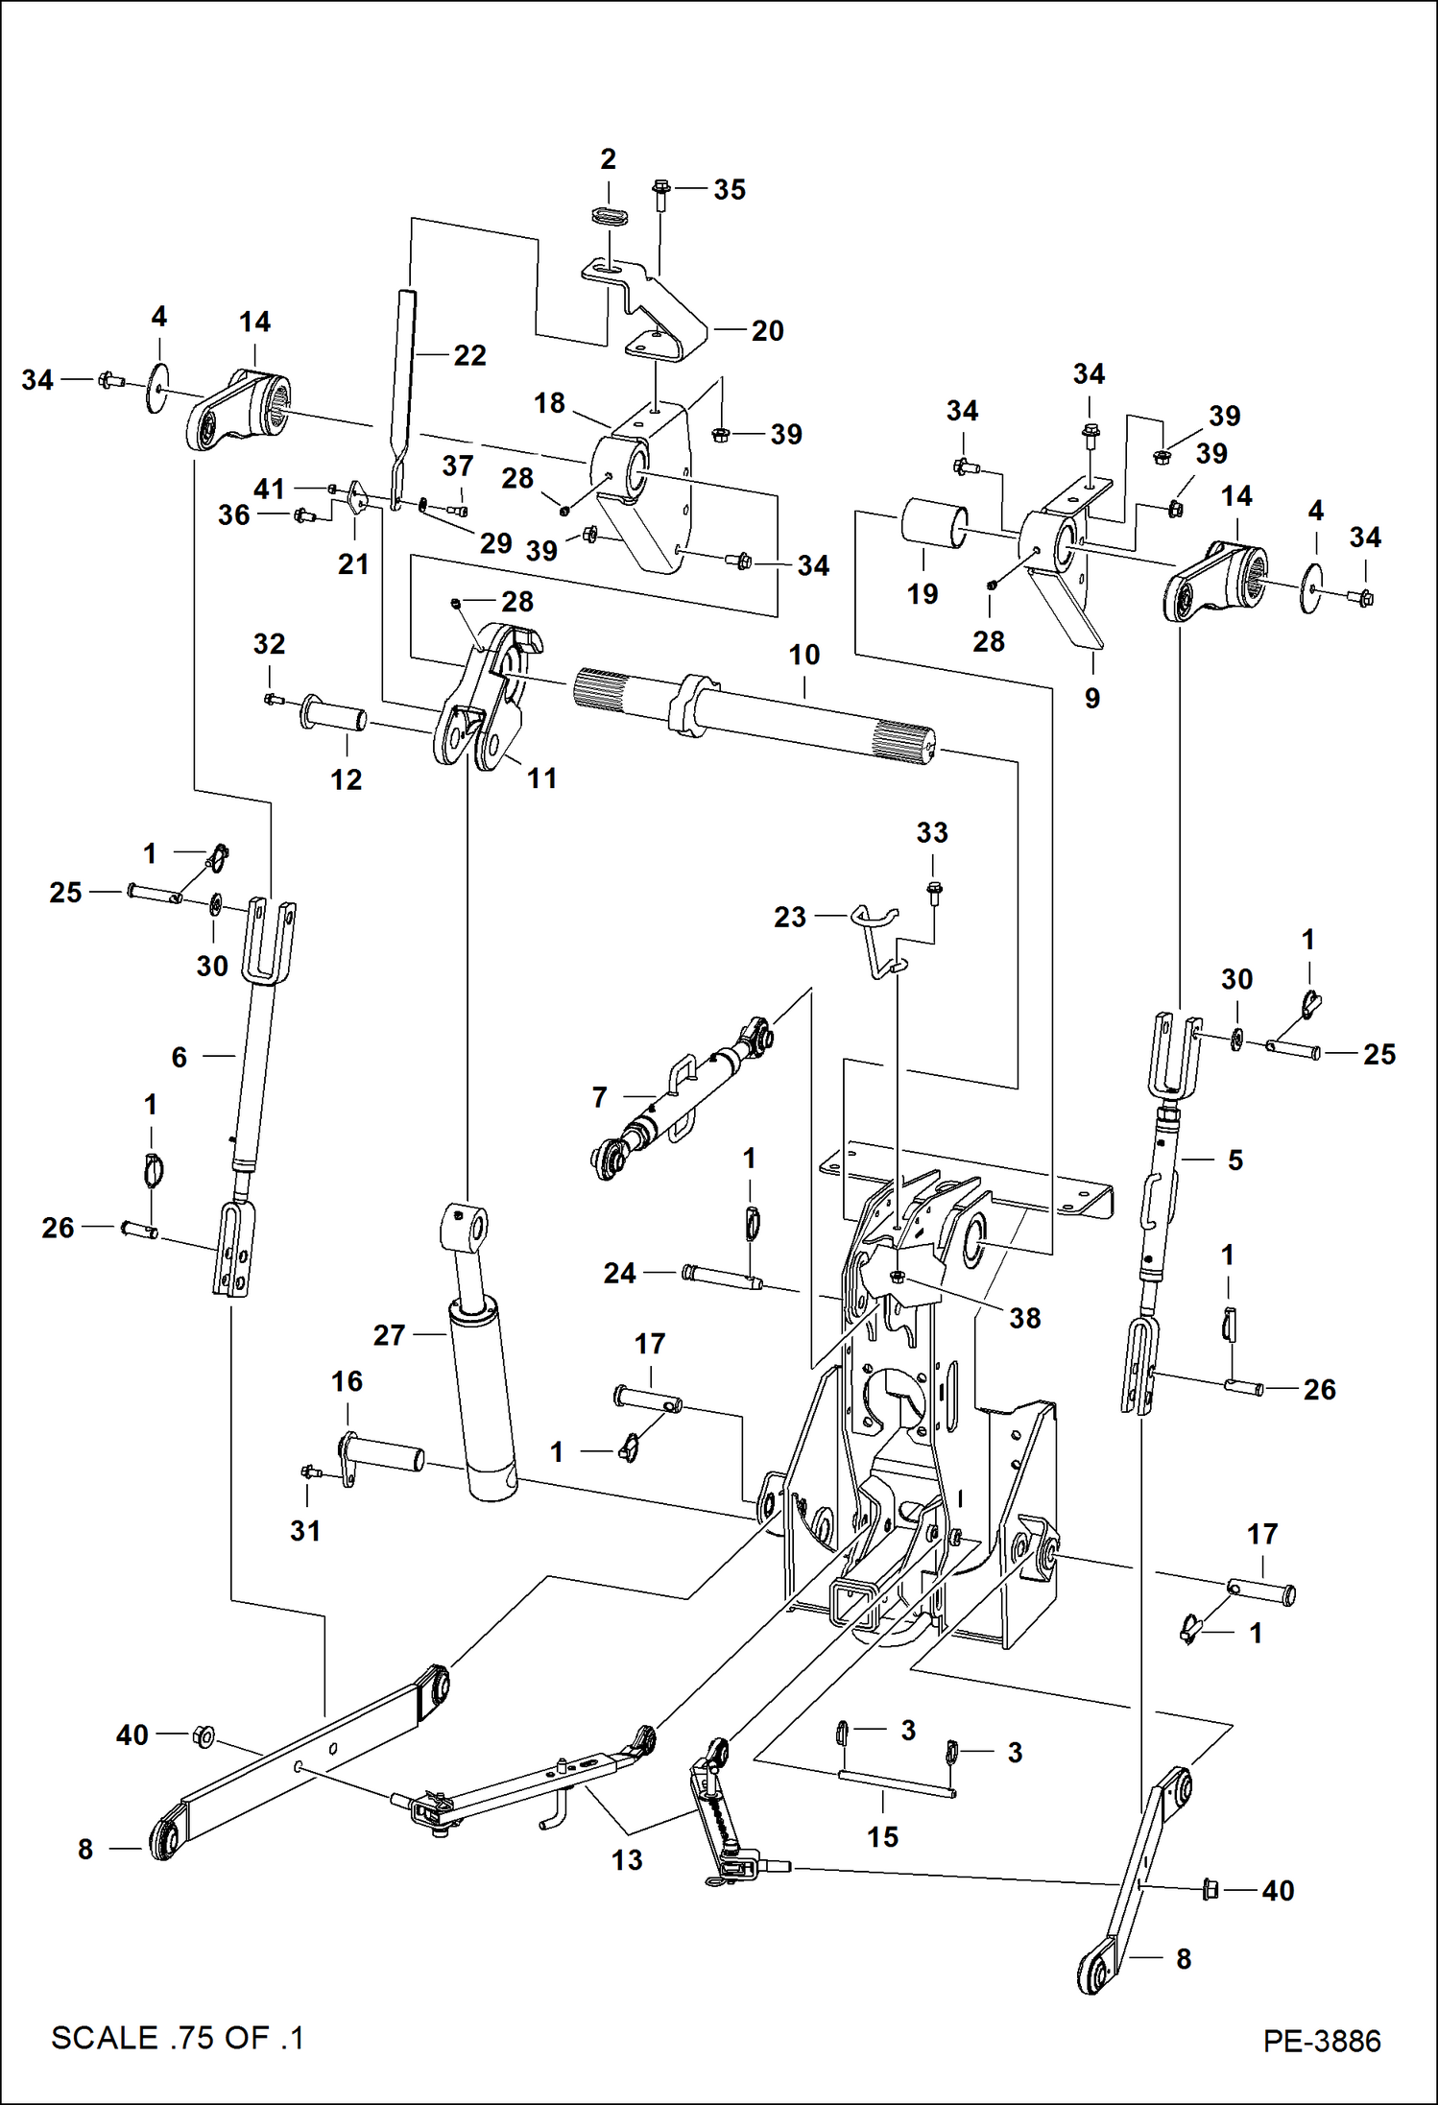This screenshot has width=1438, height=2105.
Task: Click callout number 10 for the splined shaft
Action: [803, 656]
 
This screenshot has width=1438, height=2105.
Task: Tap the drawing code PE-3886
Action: [1321, 2041]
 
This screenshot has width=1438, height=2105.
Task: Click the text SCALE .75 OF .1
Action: [178, 2038]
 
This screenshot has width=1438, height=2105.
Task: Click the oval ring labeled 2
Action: [608, 215]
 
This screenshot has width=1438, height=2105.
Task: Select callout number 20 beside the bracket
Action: [767, 331]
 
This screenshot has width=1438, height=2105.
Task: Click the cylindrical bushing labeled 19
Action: [932, 523]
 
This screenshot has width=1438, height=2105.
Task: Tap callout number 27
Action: [389, 1335]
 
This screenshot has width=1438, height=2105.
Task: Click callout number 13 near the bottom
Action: [626, 1860]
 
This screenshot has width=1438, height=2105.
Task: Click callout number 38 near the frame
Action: [1024, 1318]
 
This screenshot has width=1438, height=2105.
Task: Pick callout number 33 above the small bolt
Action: [931, 833]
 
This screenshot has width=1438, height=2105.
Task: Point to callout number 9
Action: [1091, 699]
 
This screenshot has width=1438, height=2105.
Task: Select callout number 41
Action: [269, 489]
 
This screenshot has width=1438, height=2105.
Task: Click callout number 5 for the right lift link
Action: [1234, 1160]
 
